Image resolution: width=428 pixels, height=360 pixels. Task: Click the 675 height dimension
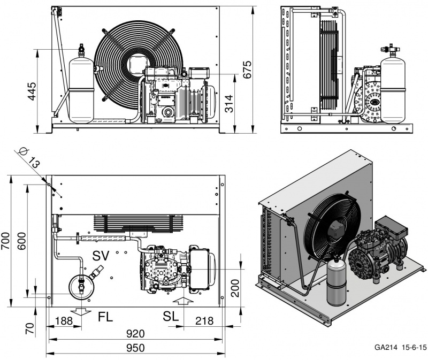pos(247,70)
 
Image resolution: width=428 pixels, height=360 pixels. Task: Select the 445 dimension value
pos(32,91)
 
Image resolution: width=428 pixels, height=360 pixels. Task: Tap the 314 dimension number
pos(230,104)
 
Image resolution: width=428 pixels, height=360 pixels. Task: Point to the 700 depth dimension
pos(6,241)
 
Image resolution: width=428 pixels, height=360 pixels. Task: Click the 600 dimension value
pos(21,241)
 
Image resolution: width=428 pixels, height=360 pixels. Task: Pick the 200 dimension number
pos(235,288)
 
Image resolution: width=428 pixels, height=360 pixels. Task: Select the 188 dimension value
pos(64,321)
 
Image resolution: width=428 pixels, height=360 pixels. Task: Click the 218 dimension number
pos(204,321)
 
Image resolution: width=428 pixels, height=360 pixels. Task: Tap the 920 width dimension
pos(135,334)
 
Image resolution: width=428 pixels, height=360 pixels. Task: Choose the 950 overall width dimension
pos(135,348)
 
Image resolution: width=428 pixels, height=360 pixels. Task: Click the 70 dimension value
pos(30,328)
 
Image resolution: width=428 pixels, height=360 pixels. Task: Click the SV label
pos(101,256)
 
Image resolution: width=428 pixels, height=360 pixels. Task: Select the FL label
pos(105,317)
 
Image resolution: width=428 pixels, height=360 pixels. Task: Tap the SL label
pos(171,316)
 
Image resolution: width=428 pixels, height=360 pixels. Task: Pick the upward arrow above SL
pos(184,302)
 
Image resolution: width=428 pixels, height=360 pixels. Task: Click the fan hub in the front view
pos(137,64)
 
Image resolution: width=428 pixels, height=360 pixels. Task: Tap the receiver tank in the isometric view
pos(337,282)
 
